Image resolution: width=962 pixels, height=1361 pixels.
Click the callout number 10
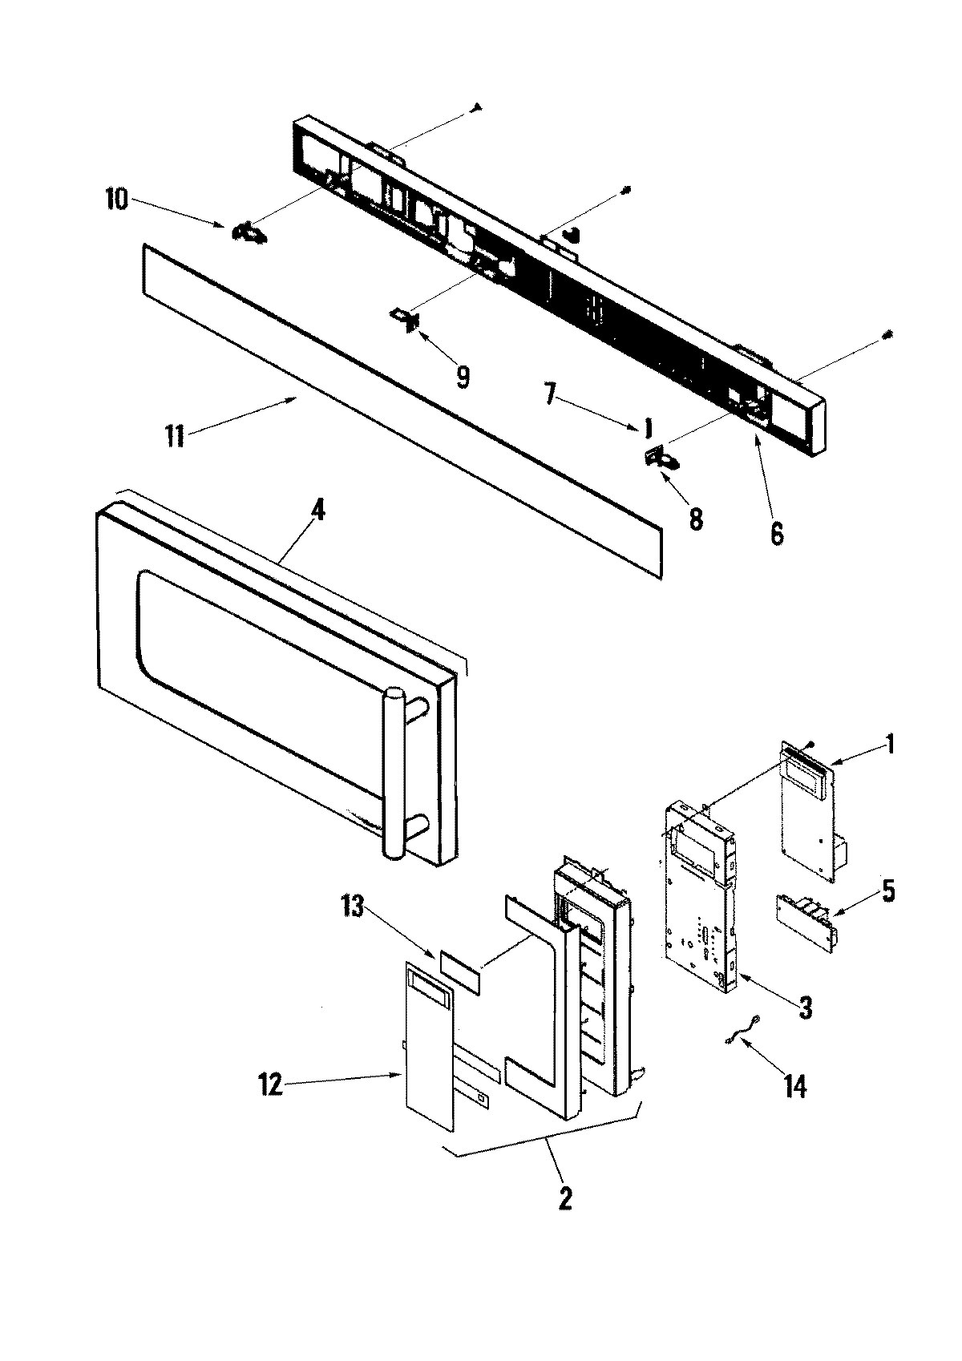click(x=115, y=199)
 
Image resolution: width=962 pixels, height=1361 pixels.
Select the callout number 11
click(x=175, y=437)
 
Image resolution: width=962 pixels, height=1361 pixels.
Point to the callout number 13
click(x=353, y=907)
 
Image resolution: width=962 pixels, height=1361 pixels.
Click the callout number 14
click(x=794, y=1086)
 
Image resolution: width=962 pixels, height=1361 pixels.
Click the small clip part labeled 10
click(x=249, y=233)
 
